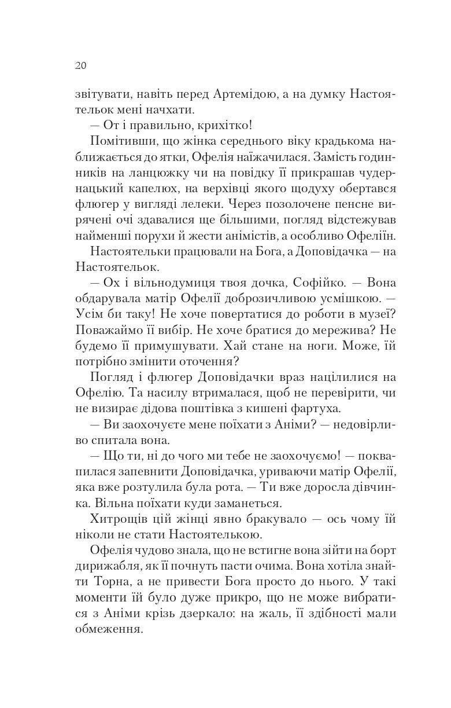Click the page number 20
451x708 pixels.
tap(80, 65)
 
